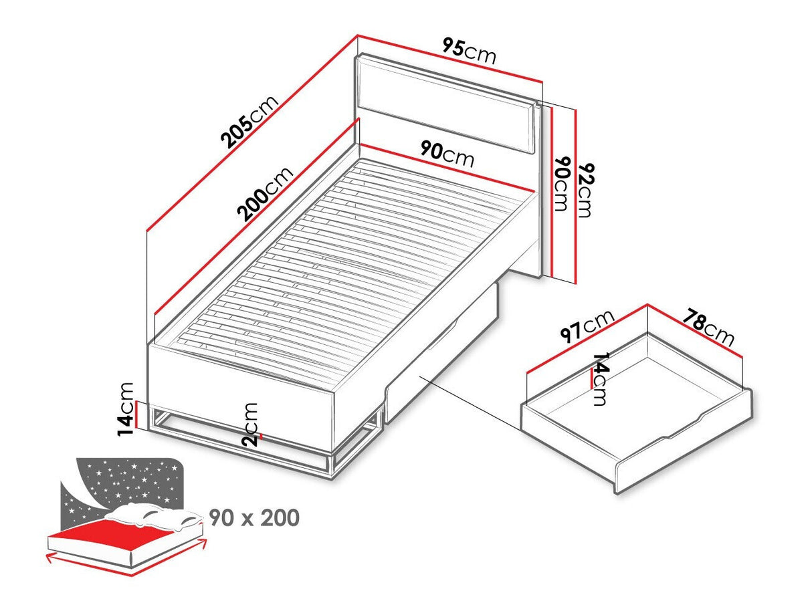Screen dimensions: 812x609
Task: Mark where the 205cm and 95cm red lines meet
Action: [x=357, y=35]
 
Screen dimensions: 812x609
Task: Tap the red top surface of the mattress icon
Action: [x=118, y=533]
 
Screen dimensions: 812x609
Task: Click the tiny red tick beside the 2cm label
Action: [x=261, y=436]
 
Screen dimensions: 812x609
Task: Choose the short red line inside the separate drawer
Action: [x=592, y=378]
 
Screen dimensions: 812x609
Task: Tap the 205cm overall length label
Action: [x=249, y=122]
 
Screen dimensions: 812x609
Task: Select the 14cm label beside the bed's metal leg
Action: [x=125, y=409]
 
